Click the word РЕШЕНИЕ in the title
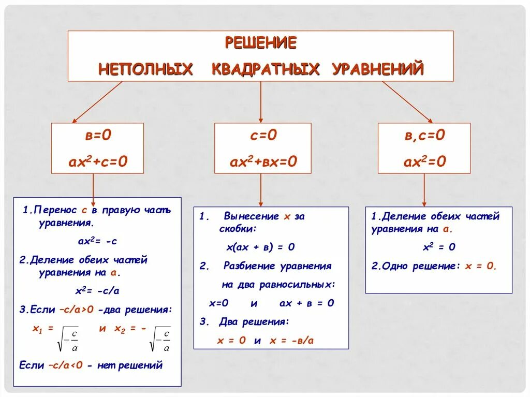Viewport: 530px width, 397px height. [260, 42]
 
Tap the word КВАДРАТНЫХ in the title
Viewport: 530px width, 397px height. [266, 69]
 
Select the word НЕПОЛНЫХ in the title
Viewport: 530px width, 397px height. [145, 69]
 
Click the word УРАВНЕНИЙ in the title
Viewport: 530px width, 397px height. [377, 69]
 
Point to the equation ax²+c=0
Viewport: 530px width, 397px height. [98, 162]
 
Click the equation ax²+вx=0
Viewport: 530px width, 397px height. [263, 162]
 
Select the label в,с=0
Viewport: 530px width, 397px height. [424, 136]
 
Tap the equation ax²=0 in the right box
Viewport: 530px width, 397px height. [424, 162]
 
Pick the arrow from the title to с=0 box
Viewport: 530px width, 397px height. [260, 101]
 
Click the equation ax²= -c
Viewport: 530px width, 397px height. [97, 241]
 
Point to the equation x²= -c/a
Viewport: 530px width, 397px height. [97, 290]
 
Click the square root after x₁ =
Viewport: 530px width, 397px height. [69, 339]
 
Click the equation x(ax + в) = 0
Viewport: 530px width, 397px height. [260, 247]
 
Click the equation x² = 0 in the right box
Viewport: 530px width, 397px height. [439, 247]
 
